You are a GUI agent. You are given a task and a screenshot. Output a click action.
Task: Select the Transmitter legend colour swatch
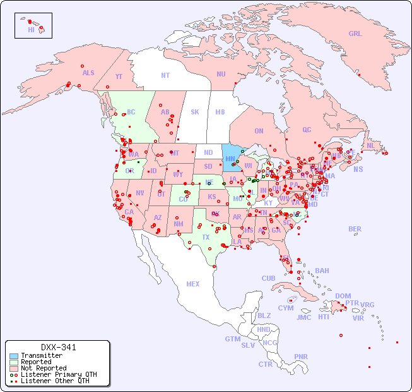point(13,356)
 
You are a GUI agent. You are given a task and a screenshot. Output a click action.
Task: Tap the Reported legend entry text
point(36,362)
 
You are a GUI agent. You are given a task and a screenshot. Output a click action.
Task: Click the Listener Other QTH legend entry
point(54,381)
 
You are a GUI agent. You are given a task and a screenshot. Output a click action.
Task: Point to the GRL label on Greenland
point(355,34)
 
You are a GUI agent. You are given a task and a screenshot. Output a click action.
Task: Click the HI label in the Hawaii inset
point(31,30)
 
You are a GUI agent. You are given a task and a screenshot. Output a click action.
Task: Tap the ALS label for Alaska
point(88,73)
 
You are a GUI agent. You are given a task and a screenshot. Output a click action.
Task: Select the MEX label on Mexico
point(193,284)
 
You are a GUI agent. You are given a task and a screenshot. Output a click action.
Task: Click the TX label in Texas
point(206,237)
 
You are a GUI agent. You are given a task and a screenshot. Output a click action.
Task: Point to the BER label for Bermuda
point(355,229)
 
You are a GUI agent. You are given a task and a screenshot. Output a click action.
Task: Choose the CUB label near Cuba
point(268,278)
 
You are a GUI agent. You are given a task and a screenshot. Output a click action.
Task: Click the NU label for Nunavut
point(221,74)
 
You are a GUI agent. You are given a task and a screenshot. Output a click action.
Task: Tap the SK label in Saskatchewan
point(195,112)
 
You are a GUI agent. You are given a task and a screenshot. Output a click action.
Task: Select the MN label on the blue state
point(230,159)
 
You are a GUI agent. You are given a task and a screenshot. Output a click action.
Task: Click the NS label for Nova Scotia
point(358,169)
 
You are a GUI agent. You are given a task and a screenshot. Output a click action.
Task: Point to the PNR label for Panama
point(301,357)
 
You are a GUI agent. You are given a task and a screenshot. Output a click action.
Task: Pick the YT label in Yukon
point(119,77)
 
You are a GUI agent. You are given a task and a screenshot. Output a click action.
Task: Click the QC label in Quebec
point(307,130)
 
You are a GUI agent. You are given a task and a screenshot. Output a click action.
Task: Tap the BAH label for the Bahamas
point(322,271)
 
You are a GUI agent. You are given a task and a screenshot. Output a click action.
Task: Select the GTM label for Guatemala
point(232,339)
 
